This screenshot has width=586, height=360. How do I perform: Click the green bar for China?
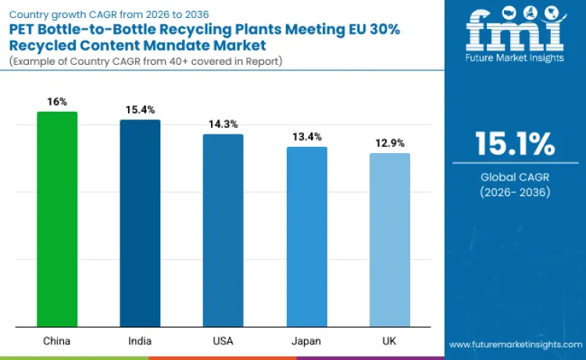[57, 219]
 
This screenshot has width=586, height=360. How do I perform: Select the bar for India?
[140, 223]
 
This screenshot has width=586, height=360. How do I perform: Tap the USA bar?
[223, 230]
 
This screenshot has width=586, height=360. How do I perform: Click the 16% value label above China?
[57, 102]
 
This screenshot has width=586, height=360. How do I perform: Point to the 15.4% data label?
[140, 110]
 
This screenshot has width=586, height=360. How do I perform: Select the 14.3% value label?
[223, 124]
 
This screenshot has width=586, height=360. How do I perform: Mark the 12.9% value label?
[389, 144]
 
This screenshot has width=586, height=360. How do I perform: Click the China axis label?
[57, 340]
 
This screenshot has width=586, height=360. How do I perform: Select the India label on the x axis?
[140, 340]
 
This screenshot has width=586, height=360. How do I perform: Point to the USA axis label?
[223, 340]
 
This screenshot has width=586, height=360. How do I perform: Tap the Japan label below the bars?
[306, 340]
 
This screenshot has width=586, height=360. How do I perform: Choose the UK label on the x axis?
[389, 340]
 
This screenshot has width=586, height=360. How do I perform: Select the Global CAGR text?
[515, 177]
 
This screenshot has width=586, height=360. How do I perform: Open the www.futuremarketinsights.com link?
[515, 344]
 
